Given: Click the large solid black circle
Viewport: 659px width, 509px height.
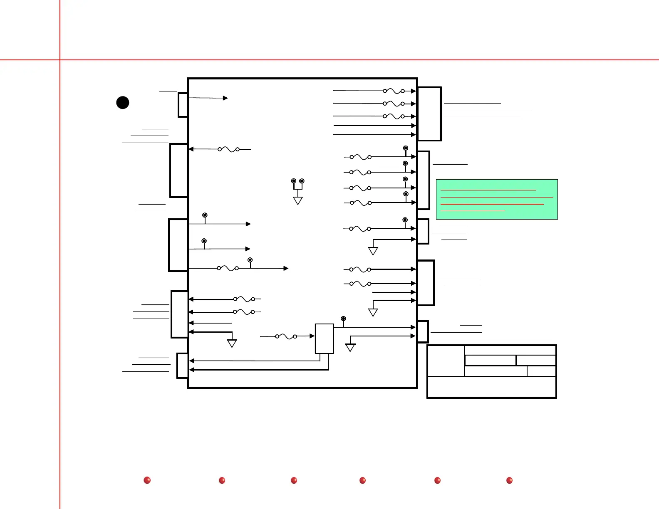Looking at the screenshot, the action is [123, 102].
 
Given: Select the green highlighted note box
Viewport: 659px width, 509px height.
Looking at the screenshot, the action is [497, 199].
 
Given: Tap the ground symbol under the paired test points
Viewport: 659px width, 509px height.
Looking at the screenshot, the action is [298, 201].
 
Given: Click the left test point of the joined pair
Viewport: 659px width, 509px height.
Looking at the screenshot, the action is [294, 181].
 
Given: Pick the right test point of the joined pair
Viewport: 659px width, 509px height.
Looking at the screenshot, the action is [302, 181].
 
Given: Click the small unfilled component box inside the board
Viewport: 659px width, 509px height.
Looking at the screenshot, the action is [325, 339].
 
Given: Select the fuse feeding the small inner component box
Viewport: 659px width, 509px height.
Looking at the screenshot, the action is [286, 336].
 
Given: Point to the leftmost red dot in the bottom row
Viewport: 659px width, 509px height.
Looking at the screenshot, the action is [147, 480].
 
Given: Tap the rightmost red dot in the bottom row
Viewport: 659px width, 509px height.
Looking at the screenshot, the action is [509, 480].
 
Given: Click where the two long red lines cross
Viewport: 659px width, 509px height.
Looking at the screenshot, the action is [60, 60].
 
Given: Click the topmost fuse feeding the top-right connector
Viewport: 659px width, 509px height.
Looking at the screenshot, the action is [394, 91].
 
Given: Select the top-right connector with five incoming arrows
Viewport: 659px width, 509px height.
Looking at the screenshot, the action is [429, 114].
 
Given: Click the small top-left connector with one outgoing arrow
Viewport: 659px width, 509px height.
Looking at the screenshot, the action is [183, 105].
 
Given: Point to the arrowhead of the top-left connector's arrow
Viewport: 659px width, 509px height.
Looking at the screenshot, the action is [225, 98].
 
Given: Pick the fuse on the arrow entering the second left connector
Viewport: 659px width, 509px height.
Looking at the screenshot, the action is [228, 149].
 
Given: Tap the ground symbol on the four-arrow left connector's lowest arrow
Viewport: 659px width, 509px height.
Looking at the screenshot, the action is [232, 343].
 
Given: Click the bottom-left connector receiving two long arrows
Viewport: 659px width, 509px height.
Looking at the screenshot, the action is [182, 366].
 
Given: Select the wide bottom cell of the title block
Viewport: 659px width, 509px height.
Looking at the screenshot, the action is [492, 387].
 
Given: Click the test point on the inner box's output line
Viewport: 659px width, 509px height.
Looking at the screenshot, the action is [343, 319].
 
